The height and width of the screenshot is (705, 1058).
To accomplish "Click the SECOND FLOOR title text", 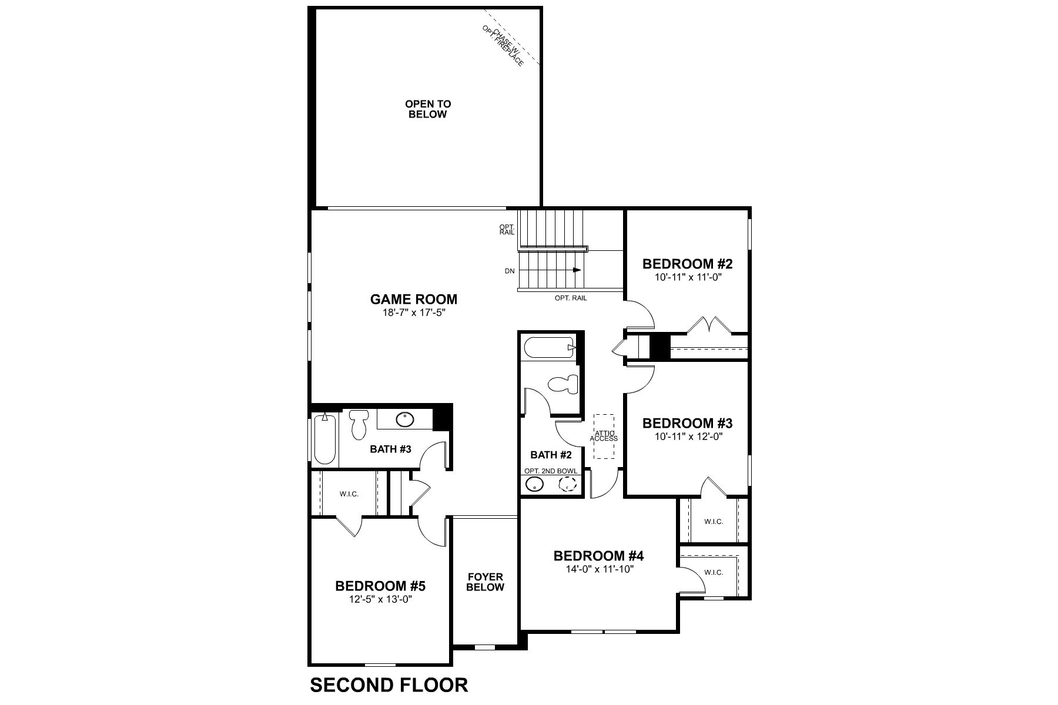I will (389, 685).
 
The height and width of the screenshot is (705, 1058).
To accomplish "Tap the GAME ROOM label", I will (413, 300).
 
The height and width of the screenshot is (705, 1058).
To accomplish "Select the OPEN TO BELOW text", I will (427, 109).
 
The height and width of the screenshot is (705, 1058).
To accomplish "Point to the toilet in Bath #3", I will (358, 424).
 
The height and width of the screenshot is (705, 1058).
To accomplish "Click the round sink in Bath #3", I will (404, 419).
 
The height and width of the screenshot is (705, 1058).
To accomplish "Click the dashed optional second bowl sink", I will (568, 484).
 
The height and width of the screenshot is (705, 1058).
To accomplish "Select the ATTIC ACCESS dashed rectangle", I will (604, 436).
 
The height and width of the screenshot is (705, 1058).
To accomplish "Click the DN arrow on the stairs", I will (577, 270).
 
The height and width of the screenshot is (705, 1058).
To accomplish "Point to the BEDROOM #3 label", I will (687, 424).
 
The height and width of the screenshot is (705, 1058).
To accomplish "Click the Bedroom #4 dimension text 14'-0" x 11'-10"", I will (599, 569).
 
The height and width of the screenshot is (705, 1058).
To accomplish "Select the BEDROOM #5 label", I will (380, 586).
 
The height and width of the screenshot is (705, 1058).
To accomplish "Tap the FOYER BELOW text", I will (485, 582).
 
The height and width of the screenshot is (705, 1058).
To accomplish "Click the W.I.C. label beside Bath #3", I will (349, 494).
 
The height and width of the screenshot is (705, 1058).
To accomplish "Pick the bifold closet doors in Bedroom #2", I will (708, 324).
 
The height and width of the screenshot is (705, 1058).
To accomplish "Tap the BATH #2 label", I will (551, 455).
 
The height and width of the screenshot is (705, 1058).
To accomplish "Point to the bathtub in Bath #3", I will (324, 439).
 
